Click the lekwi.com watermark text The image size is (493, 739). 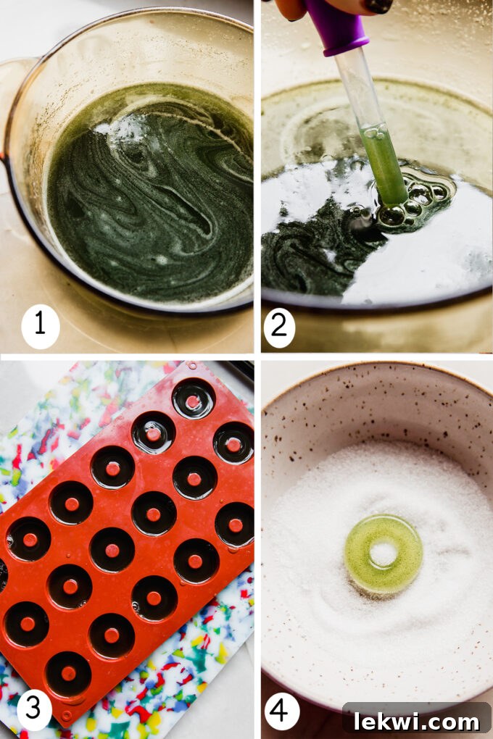point(416,720)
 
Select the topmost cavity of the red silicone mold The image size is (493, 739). point(193,398)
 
